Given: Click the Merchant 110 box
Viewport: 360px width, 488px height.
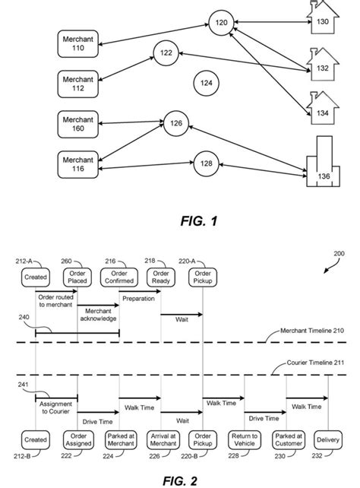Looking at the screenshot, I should [78, 44].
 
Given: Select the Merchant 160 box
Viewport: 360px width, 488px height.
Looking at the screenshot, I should [78, 123].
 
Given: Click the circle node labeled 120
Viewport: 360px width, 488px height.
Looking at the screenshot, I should [221, 24].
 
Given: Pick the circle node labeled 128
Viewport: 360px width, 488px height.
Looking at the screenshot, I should [206, 164].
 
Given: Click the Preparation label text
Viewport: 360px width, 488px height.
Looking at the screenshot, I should [138, 299].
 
